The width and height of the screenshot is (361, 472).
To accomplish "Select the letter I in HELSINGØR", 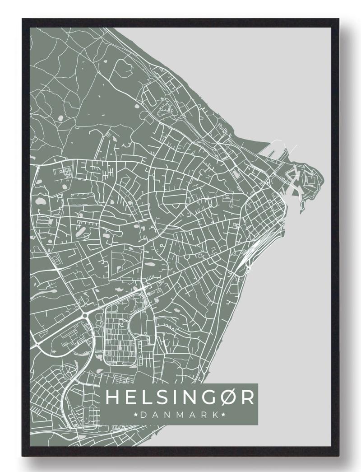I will pos(175,398).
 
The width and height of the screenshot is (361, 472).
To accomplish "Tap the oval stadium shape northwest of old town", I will pos(235,173).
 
